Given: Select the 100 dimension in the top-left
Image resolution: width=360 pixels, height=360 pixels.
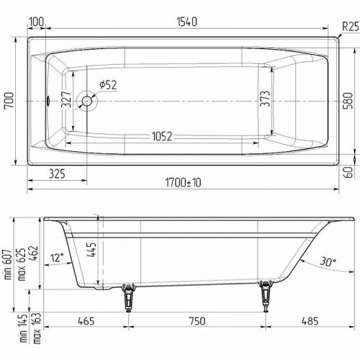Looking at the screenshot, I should (x=36, y=22).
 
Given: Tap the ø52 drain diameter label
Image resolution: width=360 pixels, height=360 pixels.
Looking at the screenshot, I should (x=107, y=85).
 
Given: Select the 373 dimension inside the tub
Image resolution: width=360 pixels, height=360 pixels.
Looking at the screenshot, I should (x=266, y=102).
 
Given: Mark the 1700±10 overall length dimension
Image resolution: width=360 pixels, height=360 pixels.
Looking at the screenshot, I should (x=176, y=183).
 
